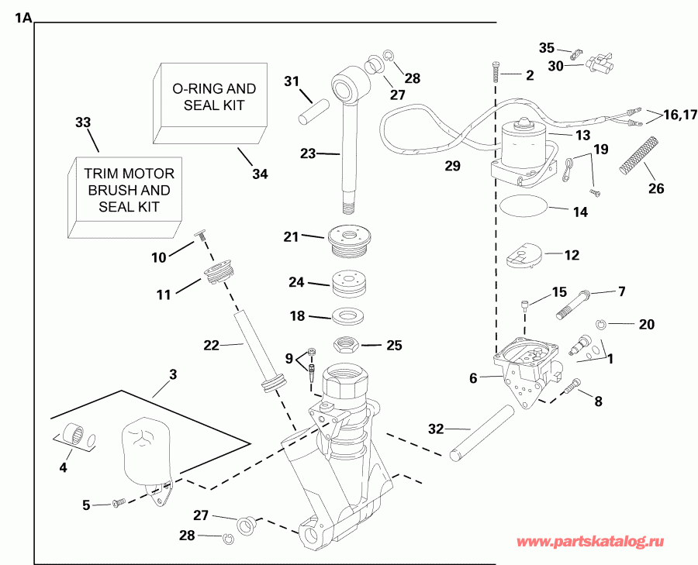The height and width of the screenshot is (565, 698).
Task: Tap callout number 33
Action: coord(83,122)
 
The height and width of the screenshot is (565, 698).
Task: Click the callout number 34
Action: coord(260,174)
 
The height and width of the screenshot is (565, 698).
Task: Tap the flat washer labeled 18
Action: coord(349,316)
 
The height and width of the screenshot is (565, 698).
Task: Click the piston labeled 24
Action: coord(349,284)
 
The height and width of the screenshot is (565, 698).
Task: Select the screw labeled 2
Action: coord(495,74)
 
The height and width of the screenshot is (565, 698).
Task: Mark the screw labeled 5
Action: coord(119,504)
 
